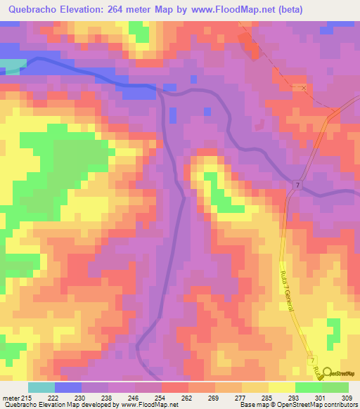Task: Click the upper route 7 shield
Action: [x=298, y=183]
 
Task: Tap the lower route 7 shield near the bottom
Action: [x=311, y=361]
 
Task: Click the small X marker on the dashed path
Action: [x=304, y=88]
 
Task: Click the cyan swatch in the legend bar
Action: [x=41, y=387]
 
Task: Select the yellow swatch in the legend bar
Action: [x=282, y=387]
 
